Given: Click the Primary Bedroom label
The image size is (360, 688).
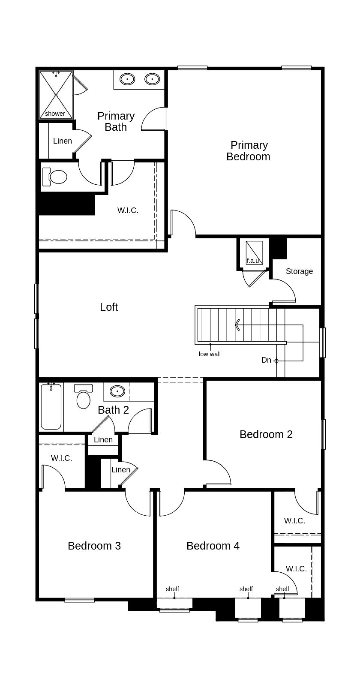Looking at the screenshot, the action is click(249, 151).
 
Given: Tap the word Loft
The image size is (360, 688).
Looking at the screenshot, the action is click(109, 307).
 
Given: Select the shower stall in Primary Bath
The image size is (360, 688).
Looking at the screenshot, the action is click(56, 95).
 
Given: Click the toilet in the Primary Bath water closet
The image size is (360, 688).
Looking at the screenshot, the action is click(55, 177).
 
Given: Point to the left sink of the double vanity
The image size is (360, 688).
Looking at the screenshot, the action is click(127, 79).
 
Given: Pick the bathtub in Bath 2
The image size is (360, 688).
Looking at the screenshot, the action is click(51, 407).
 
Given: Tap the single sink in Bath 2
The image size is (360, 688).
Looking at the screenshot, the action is click(117, 391).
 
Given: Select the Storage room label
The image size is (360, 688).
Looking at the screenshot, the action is click(299, 271).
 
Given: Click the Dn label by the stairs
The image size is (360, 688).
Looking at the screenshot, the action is click(266, 360).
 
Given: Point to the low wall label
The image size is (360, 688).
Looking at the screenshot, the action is click(210, 354).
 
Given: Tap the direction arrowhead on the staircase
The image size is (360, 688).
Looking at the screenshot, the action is click(237, 325).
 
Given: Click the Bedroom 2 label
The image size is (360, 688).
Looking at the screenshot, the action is click(266, 434).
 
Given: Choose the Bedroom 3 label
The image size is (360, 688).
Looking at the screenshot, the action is click(94, 546).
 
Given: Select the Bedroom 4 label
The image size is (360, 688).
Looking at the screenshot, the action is click(213, 546).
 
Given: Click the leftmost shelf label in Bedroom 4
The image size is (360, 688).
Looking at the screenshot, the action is click(172, 589).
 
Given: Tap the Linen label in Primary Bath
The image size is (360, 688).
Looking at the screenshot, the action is click(62, 141).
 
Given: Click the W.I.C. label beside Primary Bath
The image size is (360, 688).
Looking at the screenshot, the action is click(128, 210).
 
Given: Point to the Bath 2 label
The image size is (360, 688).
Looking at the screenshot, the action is click(113, 410).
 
